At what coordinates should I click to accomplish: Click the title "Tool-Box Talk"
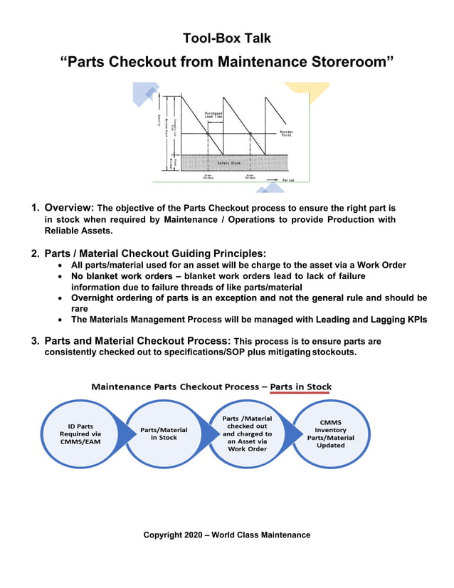point(226,38)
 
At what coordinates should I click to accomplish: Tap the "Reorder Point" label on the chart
point(286,133)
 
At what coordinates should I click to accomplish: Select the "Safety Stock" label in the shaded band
point(228,163)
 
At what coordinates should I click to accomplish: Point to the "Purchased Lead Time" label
point(213,115)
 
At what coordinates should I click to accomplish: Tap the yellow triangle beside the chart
point(297,92)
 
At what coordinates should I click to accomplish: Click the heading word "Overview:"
point(69,208)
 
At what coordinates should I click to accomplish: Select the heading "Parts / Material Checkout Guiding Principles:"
point(155,253)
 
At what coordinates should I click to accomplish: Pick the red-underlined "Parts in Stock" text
point(300,387)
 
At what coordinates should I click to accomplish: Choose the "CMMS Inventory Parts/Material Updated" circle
point(330,435)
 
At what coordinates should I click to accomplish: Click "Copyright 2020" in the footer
point(171,535)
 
